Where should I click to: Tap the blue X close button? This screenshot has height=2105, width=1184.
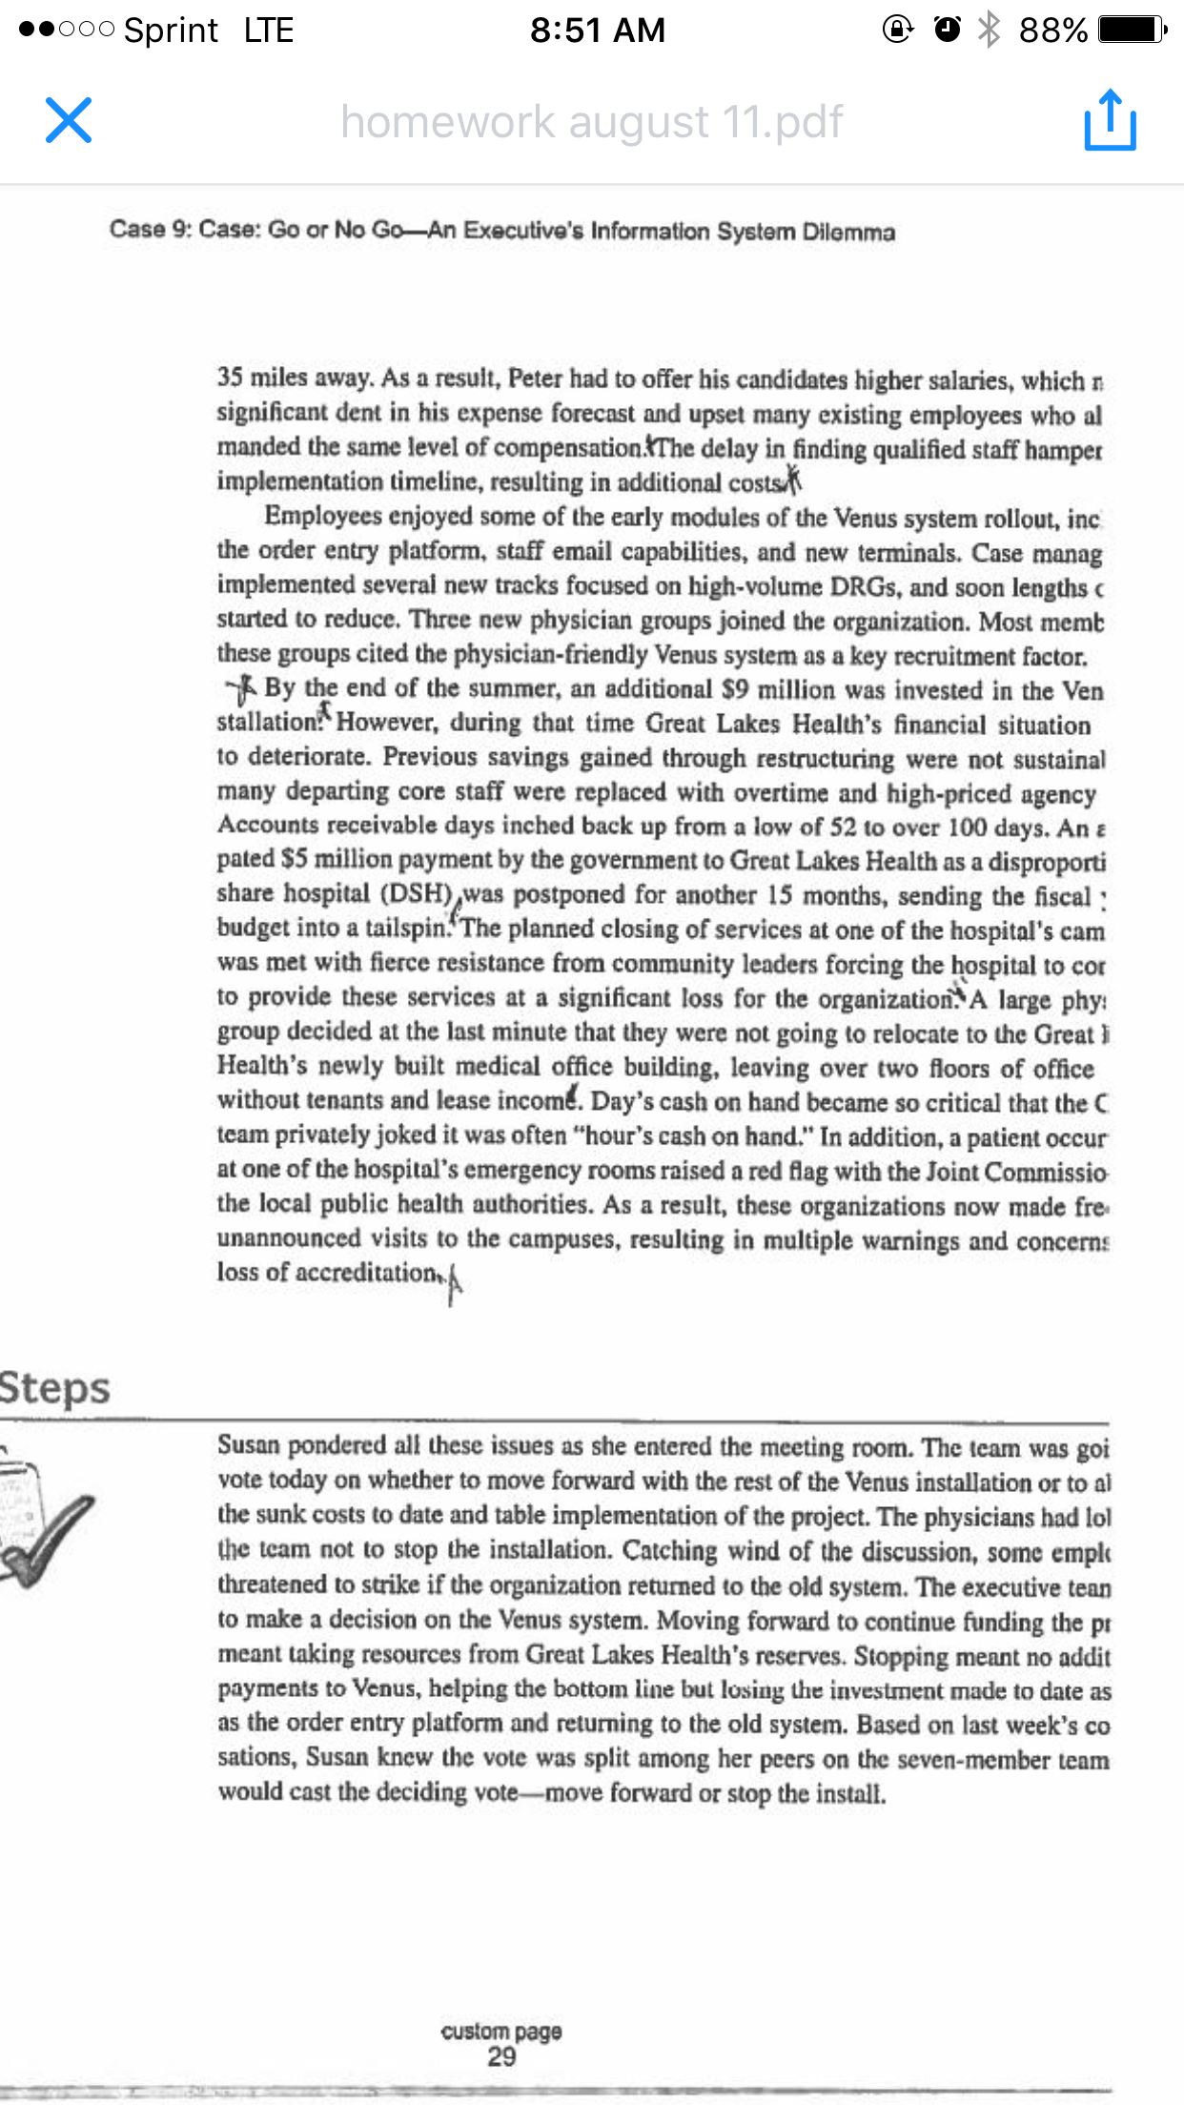point(69,120)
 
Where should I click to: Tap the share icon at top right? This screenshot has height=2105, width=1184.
point(1110,120)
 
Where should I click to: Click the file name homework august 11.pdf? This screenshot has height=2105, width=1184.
point(591,122)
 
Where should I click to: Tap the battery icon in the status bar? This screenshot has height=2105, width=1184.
point(1131,31)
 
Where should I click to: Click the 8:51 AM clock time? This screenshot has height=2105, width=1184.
point(598,31)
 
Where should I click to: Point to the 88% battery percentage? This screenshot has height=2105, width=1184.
point(1052,31)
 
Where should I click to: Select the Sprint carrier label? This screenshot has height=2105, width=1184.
point(171,31)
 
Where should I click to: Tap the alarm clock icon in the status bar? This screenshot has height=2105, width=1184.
point(947,30)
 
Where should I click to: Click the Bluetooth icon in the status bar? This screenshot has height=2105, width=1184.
point(990,30)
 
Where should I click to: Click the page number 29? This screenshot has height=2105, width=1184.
point(501,2056)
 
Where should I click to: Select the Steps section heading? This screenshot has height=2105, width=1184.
point(55,1388)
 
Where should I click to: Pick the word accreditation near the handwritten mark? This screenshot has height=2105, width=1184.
point(366,1273)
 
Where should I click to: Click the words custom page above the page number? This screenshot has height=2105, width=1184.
point(501,2031)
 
